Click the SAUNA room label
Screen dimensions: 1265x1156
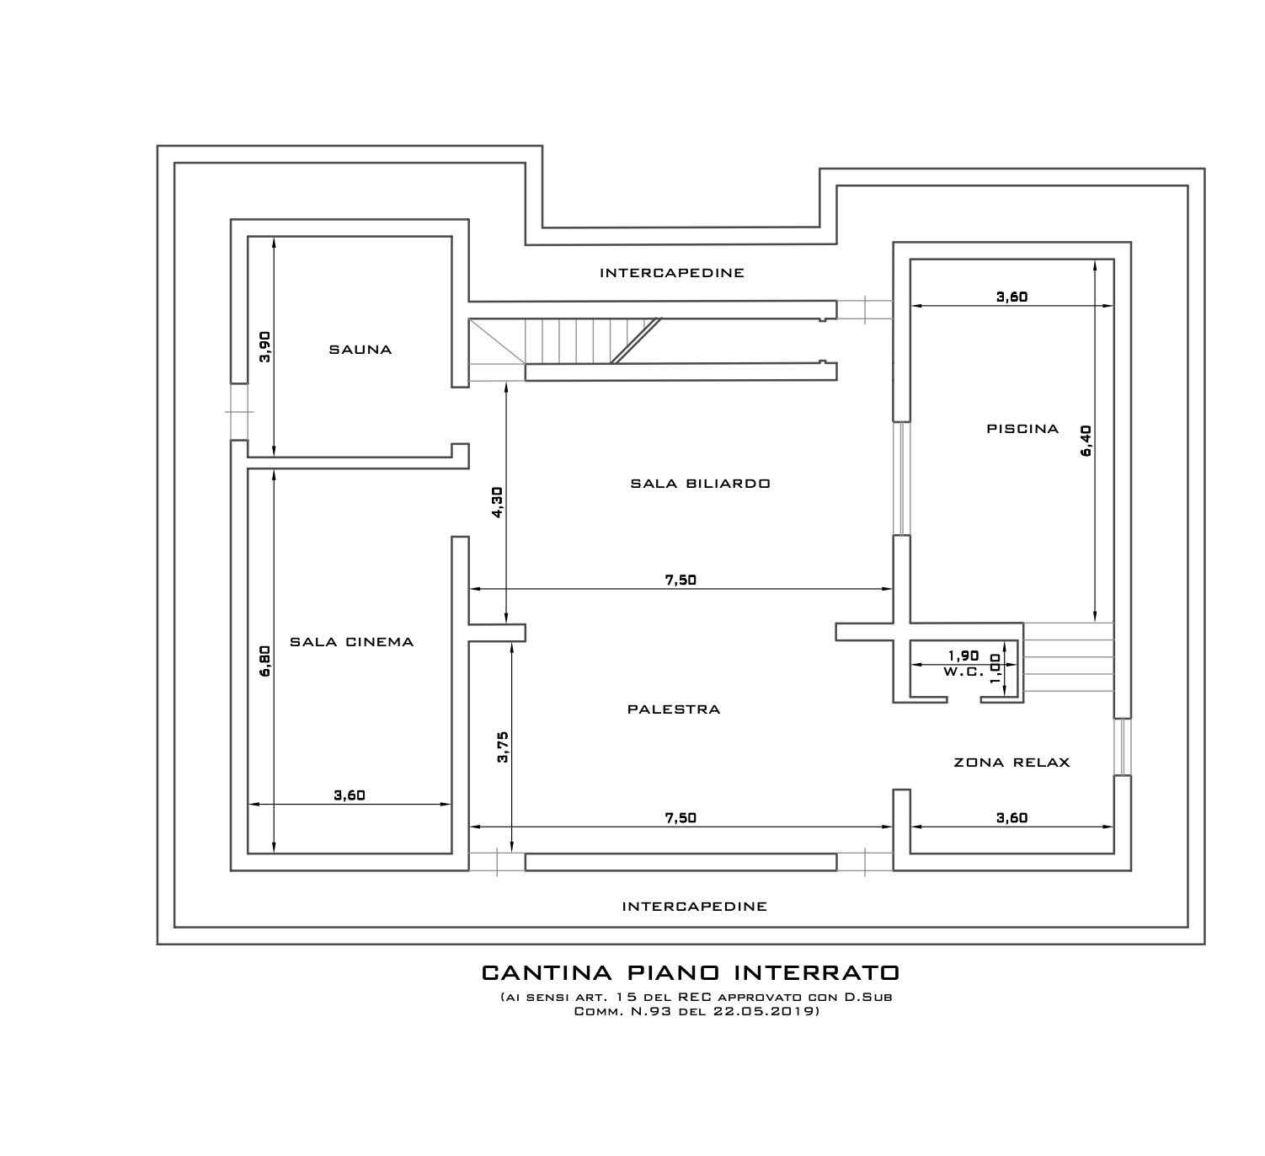pyautogui.click(x=360, y=350)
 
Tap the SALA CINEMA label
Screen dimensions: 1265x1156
pyautogui.click(x=351, y=642)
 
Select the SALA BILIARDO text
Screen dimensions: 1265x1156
pyautogui.click(x=700, y=484)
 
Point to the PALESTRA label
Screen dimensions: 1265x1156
pyautogui.click(x=674, y=709)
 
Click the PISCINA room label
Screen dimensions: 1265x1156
pyautogui.click(x=1022, y=429)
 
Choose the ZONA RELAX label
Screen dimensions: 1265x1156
pyautogui.click(x=1011, y=763)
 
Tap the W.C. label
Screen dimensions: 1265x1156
pyautogui.click(x=963, y=672)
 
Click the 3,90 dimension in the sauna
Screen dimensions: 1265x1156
pyautogui.click(x=265, y=346)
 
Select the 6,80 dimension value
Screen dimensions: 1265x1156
pyautogui.click(x=265, y=661)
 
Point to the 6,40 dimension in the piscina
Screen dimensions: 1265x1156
pyautogui.click(x=1086, y=441)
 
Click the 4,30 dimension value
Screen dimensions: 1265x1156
pyautogui.click(x=498, y=502)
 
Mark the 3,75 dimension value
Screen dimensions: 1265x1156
pyautogui.click(x=503, y=747)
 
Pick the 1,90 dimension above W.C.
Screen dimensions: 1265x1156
pyautogui.click(x=963, y=656)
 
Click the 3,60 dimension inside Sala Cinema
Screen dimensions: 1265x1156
pyautogui.click(x=350, y=795)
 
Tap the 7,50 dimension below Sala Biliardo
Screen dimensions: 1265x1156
pyautogui.click(x=681, y=580)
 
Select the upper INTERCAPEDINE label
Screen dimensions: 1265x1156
pyautogui.click(x=671, y=273)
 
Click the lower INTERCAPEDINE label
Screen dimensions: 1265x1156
pyautogui.click(x=694, y=907)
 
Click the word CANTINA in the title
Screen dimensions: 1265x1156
pyautogui.click(x=547, y=973)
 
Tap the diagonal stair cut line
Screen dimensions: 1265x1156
pyautogui.click(x=636, y=340)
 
